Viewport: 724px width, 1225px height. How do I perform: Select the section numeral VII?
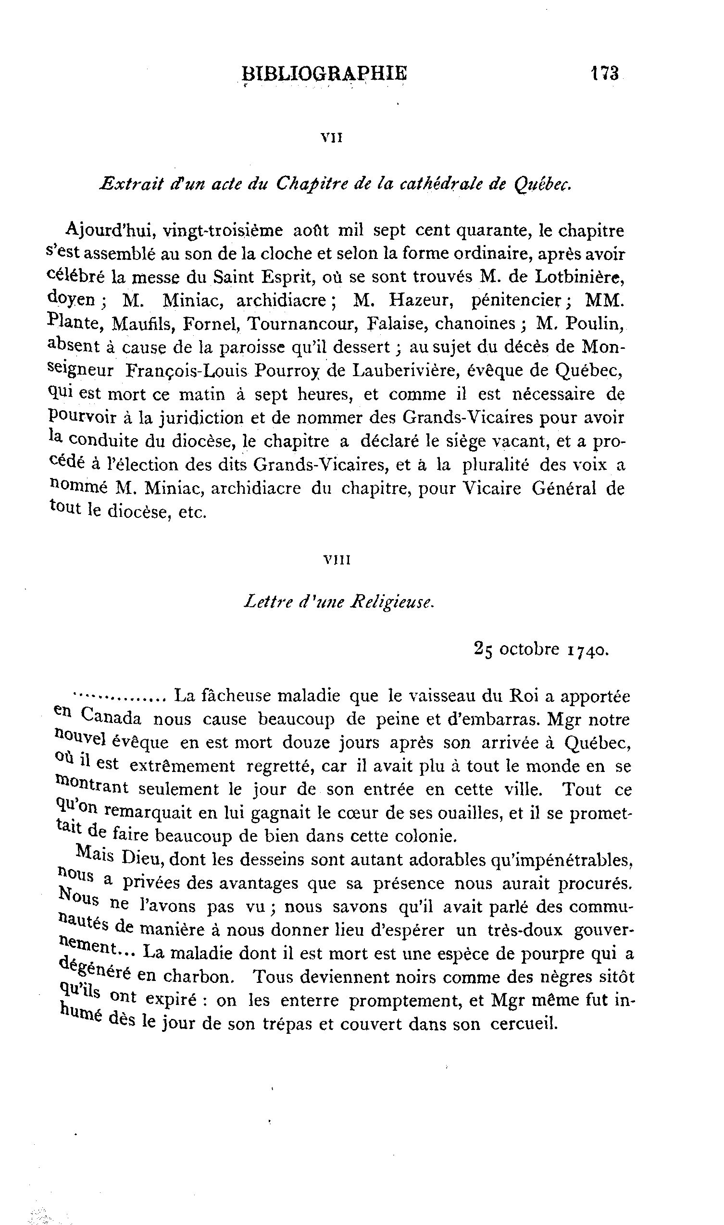tap(332, 138)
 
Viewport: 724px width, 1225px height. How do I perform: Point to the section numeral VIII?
tap(337, 561)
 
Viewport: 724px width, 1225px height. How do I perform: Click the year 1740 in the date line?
tap(588, 650)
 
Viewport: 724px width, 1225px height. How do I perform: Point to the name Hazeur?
tap(422, 300)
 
